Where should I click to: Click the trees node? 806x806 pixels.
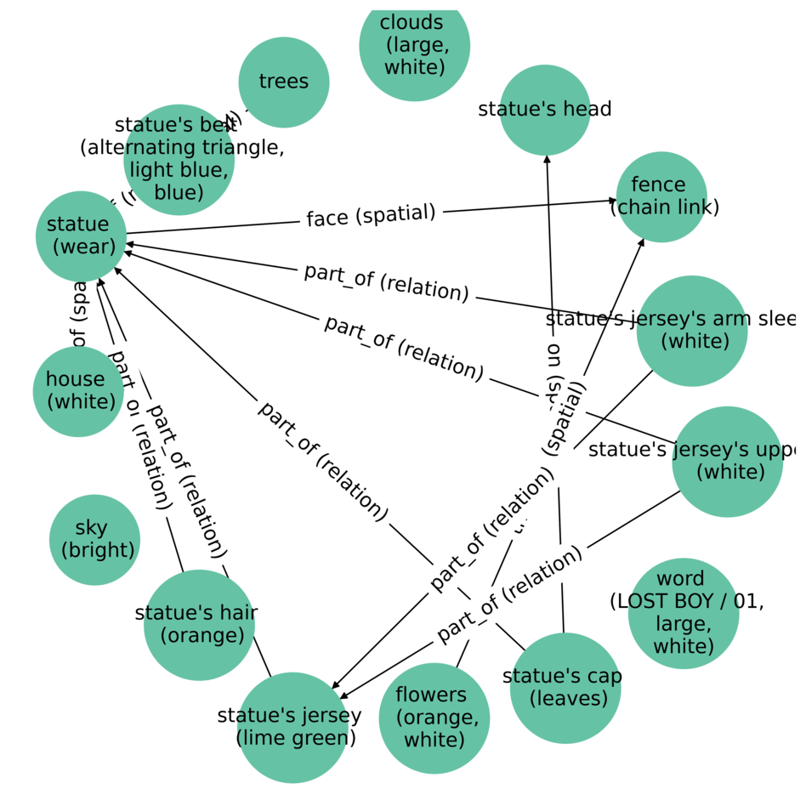point(284,82)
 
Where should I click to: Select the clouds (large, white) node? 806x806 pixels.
point(414,45)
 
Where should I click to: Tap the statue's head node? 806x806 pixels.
point(545,110)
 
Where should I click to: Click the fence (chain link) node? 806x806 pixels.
point(661,197)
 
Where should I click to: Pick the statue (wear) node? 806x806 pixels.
point(82,236)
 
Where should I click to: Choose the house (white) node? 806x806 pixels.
point(78,391)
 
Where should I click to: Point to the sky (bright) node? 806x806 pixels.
point(94,540)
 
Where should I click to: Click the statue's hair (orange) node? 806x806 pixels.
point(199,625)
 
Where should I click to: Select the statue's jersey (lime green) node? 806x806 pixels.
point(293,727)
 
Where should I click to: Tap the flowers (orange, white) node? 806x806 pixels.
point(434,718)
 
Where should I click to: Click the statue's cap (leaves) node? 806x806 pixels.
point(565,688)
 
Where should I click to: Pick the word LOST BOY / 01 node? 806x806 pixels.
point(684,613)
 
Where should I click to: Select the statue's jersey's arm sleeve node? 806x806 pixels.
point(692,331)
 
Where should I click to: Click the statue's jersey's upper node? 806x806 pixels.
point(727,462)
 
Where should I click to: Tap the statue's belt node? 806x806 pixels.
point(179,160)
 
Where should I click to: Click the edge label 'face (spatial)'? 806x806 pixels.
point(371,216)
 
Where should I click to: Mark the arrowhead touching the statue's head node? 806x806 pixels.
point(547,159)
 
